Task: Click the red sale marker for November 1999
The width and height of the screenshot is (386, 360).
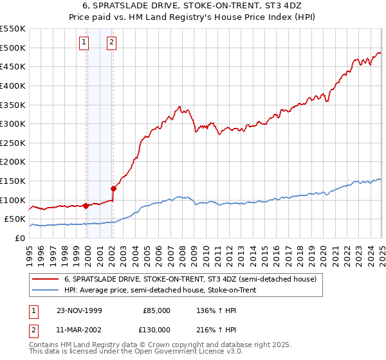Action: (x=86, y=206)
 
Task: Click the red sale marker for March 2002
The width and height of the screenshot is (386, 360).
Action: (x=113, y=188)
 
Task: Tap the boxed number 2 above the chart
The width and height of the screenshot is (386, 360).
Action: (x=111, y=43)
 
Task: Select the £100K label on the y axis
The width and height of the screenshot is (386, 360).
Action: (x=13, y=200)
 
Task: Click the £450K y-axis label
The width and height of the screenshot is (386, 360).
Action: (x=13, y=66)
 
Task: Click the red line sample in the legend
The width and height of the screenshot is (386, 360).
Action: (x=45, y=279)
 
